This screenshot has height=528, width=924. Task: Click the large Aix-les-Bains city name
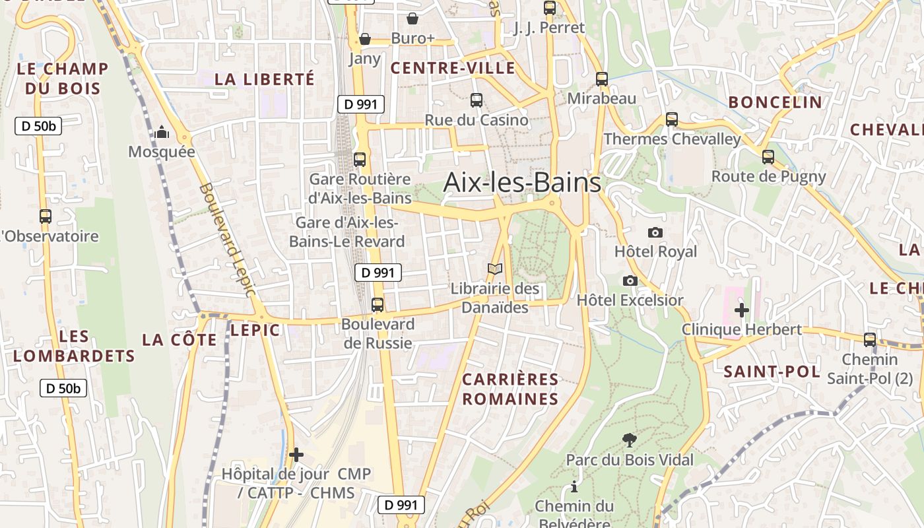tap(522, 182)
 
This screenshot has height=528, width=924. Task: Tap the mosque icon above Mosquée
tap(162, 133)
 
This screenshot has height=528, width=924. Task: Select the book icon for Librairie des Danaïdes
tap(495, 269)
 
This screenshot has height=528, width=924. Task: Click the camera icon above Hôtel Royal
tap(655, 232)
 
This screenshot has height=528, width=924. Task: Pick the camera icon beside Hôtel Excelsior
tap(630, 280)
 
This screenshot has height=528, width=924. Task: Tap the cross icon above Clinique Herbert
tap(742, 310)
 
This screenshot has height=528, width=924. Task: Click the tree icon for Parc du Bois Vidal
tap(630, 440)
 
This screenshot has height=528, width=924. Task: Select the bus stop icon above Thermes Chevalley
tap(672, 119)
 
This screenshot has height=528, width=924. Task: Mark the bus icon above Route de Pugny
tap(768, 157)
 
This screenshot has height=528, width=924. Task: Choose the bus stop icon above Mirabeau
tap(602, 79)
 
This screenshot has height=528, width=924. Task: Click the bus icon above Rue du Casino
tap(477, 100)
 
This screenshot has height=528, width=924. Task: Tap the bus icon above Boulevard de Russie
tap(378, 305)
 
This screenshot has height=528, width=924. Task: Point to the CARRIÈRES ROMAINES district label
tap(510, 389)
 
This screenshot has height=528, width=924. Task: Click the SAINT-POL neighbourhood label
tap(772, 372)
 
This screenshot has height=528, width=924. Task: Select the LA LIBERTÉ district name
tap(265, 79)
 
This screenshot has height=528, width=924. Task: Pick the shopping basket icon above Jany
tap(365, 40)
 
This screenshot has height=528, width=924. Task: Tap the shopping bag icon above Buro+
tap(412, 18)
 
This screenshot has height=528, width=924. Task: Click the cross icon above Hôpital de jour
tap(296, 455)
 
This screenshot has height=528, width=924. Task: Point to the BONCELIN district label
tap(775, 102)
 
